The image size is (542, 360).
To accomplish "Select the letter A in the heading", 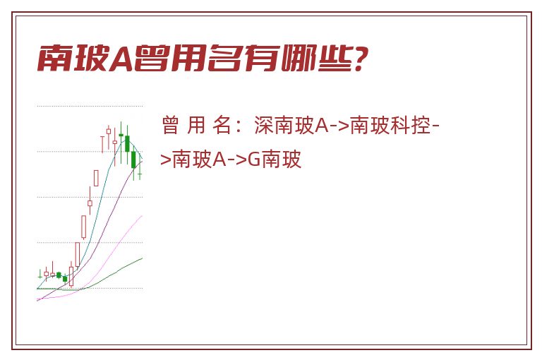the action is point(121,59).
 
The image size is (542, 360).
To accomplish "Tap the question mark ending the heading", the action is point(359,59).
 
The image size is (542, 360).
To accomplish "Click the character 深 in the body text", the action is point(264,125).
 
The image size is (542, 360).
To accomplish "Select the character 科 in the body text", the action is point(400,125).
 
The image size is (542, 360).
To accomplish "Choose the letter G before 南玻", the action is point(254,160).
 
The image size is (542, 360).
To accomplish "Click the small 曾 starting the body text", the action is point(170,125).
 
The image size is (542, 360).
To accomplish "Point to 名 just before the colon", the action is point(222,125).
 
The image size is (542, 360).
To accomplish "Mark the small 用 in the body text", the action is point(196,125).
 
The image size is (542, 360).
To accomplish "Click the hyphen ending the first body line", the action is point(435,126).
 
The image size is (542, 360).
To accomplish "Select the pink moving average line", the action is point(114,250).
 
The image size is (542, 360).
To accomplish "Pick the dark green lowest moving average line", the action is point(104,280).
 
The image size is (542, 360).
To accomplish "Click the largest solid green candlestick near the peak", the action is point(127,143).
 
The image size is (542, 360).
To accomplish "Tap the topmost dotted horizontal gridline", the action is point(90,106).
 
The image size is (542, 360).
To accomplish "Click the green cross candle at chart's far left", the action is point(40,275).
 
